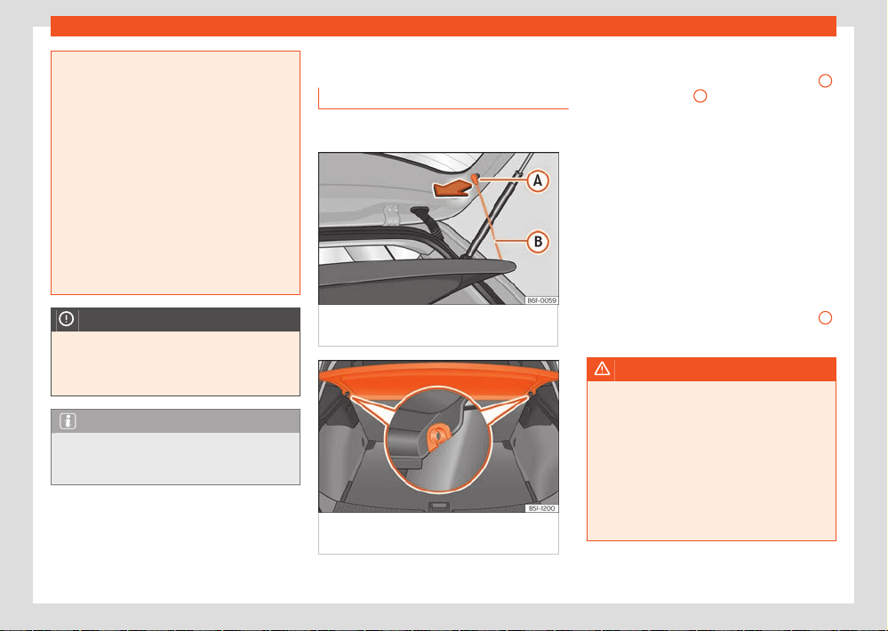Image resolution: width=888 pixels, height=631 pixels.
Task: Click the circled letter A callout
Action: point(538,180)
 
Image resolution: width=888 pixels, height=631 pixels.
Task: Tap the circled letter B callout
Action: point(538,242)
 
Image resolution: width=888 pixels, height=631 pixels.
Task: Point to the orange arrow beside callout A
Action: point(452,188)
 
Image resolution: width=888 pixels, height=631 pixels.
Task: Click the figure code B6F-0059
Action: point(541,300)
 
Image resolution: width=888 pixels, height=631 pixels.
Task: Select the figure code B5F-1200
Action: point(541,508)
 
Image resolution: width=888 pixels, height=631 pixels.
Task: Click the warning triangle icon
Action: point(602,370)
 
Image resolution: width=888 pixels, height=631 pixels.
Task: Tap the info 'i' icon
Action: point(68,421)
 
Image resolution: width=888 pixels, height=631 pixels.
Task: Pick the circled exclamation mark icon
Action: point(67,319)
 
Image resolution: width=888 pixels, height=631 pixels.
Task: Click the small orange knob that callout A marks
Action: point(475,177)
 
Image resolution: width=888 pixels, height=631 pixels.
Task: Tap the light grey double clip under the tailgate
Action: point(390,215)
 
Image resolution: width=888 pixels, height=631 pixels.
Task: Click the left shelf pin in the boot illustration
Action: point(346,393)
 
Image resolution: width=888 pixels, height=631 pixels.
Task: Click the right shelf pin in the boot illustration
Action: point(531,393)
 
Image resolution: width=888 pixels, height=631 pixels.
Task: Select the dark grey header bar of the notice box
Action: point(176,319)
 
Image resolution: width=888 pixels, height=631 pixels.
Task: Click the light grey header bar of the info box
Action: point(176,421)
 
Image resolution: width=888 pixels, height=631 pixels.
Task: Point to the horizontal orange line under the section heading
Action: point(444,108)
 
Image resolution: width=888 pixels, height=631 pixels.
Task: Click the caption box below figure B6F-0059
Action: point(438,325)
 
